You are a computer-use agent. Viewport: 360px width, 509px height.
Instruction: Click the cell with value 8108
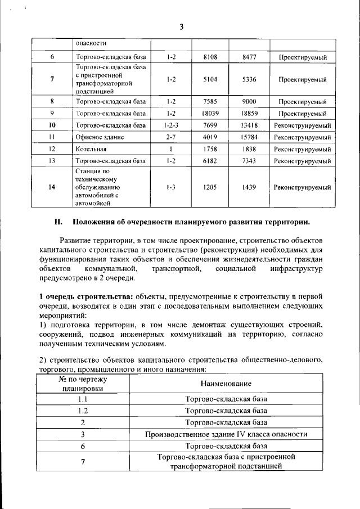[210, 57]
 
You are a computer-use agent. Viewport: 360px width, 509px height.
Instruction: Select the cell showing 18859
[249, 113]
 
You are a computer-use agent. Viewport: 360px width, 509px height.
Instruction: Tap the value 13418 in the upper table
[249, 125]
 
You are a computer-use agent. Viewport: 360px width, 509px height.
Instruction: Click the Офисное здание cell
[100, 137]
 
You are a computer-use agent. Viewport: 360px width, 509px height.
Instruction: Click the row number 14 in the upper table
[52, 187]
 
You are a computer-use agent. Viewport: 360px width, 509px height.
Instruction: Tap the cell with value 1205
[210, 187]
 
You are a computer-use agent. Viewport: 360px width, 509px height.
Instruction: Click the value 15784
[249, 137]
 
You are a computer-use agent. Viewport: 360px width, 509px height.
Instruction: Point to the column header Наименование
[226, 383]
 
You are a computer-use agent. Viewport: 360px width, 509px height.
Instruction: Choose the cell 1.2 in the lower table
[83, 411]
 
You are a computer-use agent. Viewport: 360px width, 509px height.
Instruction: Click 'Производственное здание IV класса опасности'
[226, 434]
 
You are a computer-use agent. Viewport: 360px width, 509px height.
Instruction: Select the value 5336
[249, 79]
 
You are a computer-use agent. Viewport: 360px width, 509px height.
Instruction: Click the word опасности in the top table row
[91, 43]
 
